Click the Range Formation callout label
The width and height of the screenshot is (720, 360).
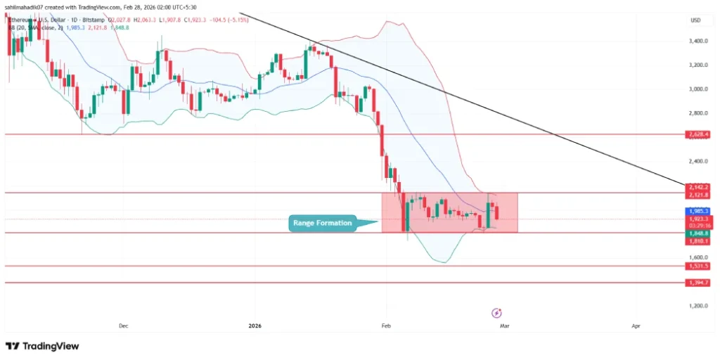click(323, 224)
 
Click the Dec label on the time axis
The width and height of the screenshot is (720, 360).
click(124, 326)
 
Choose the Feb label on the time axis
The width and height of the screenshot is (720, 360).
click(385, 326)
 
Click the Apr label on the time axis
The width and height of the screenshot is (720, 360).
click(636, 326)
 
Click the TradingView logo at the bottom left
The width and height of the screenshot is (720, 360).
click(42, 346)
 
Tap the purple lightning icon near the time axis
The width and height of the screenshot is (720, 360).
click(497, 312)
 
